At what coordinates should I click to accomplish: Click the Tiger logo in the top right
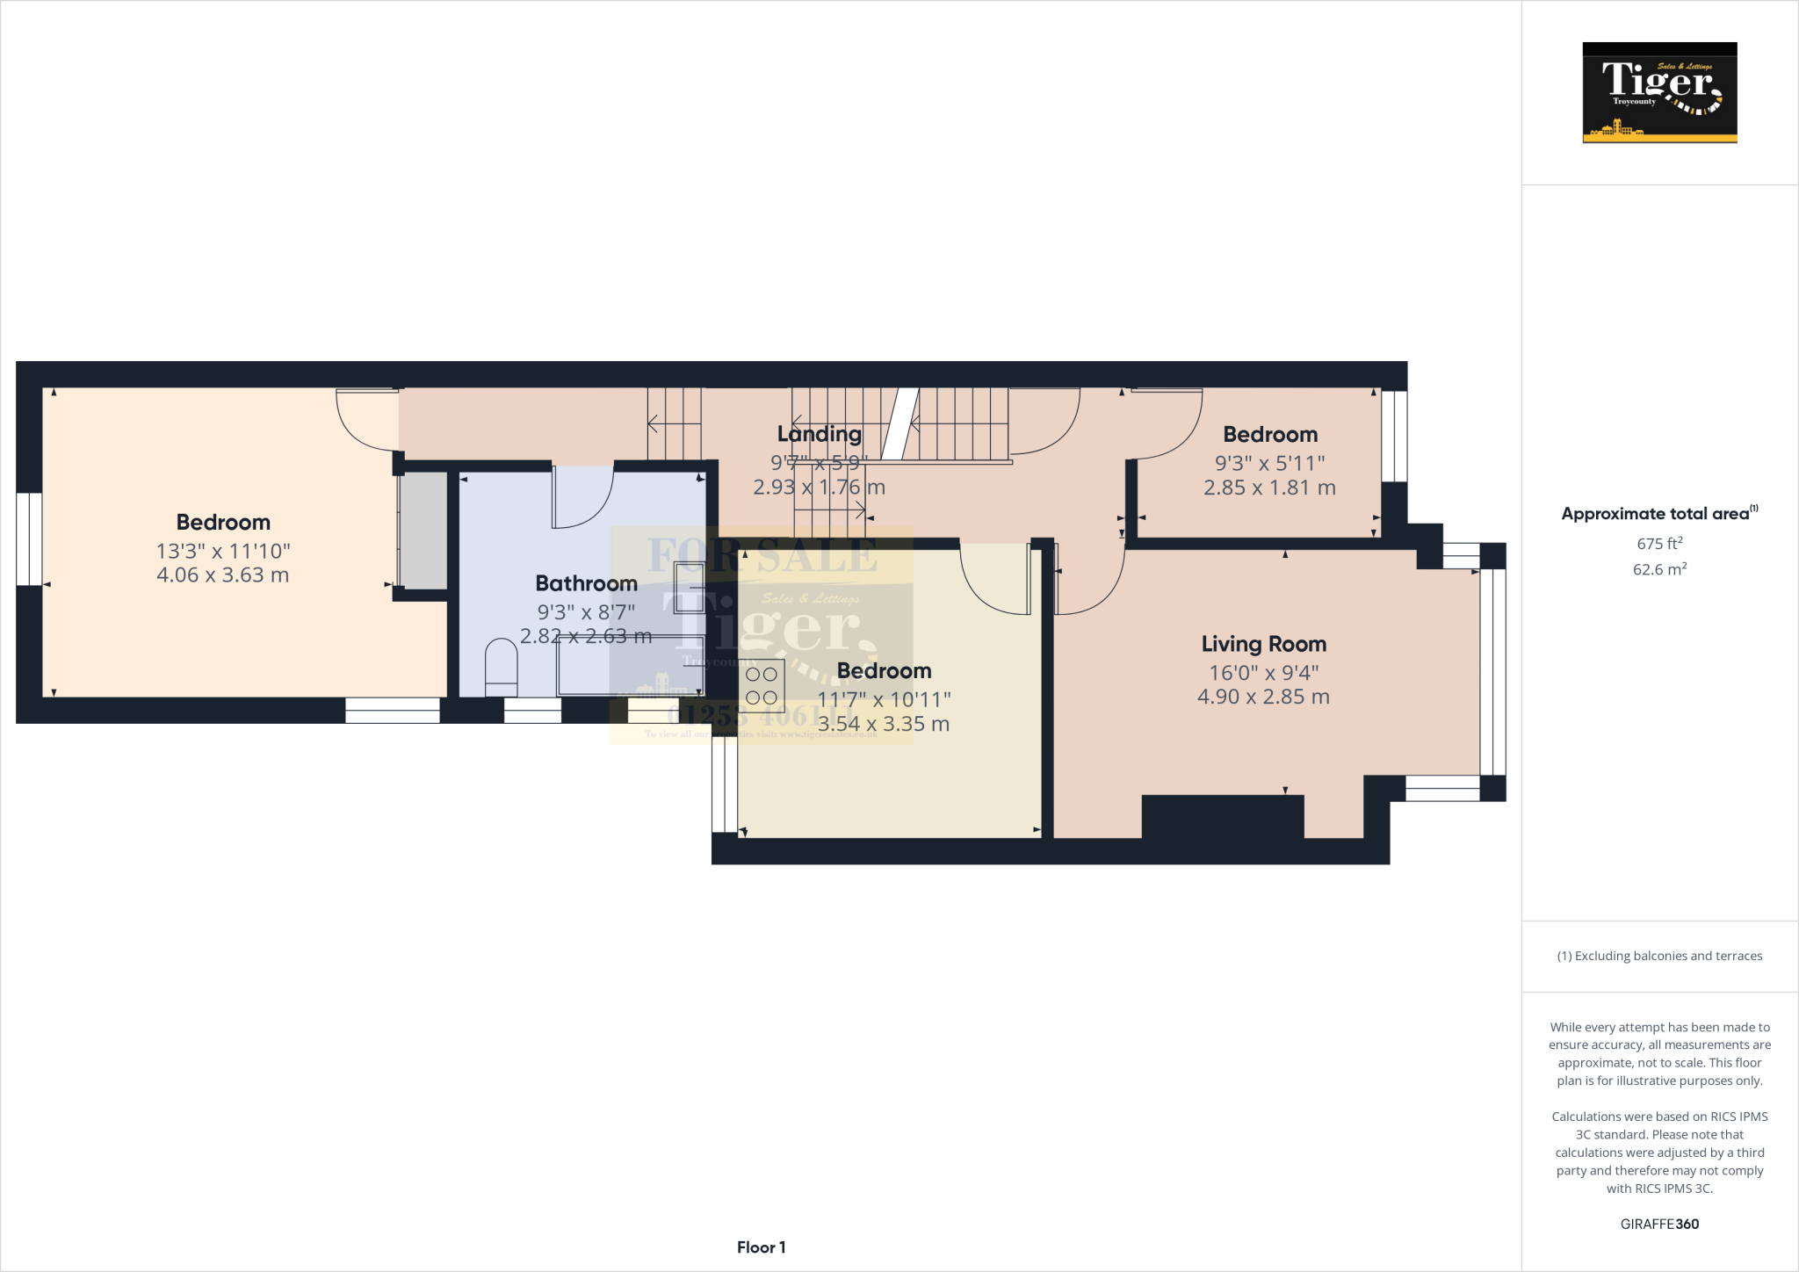tap(1659, 92)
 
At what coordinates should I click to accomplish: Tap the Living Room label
tap(1263, 644)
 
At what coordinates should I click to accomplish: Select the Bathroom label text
tap(586, 583)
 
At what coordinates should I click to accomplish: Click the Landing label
tap(819, 434)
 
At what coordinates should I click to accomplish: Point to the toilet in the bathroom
tap(502, 668)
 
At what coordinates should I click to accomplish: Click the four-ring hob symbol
tap(762, 686)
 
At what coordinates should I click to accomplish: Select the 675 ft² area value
tap(1659, 544)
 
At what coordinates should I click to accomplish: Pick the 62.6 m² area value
tap(1659, 569)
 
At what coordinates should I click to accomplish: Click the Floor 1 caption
tap(761, 1247)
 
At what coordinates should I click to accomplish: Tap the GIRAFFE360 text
tap(1659, 1224)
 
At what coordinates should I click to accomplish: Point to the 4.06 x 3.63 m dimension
tap(222, 575)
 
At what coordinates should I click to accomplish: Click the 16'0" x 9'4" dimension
tap(1263, 673)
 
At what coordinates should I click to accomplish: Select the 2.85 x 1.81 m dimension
tap(1269, 488)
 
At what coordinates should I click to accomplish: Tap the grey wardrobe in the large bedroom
tap(424, 531)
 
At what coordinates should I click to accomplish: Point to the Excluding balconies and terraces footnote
tap(1659, 956)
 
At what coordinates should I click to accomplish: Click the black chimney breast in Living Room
tap(1222, 816)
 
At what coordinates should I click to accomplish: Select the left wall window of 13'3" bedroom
tap(29, 538)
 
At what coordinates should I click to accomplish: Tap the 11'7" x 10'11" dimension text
tap(884, 700)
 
